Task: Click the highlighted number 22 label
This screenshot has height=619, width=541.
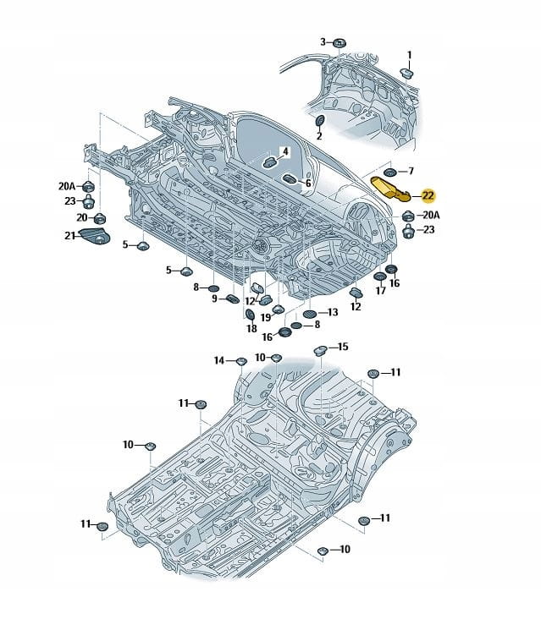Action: (x=428, y=195)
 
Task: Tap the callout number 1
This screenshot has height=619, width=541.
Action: (x=410, y=56)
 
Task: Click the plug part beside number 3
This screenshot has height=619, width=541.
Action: (x=339, y=42)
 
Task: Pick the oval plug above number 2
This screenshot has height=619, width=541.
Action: (x=319, y=122)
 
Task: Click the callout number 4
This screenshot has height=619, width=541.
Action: (x=285, y=152)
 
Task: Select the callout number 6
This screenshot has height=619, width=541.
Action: (x=308, y=183)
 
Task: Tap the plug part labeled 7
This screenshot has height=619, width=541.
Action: (x=390, y=172)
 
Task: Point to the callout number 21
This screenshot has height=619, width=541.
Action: (x=69, y=235)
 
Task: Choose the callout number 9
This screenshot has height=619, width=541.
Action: (x=216, y=299)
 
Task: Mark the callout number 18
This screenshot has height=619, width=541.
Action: (x=251, y=328)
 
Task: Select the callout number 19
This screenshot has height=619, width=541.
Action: (x=265, y=317)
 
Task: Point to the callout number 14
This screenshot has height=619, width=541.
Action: (x=218, y=361)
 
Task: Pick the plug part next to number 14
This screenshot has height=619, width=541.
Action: (x=240, y=363)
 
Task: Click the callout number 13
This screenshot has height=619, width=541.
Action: (x=332, y=312)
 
